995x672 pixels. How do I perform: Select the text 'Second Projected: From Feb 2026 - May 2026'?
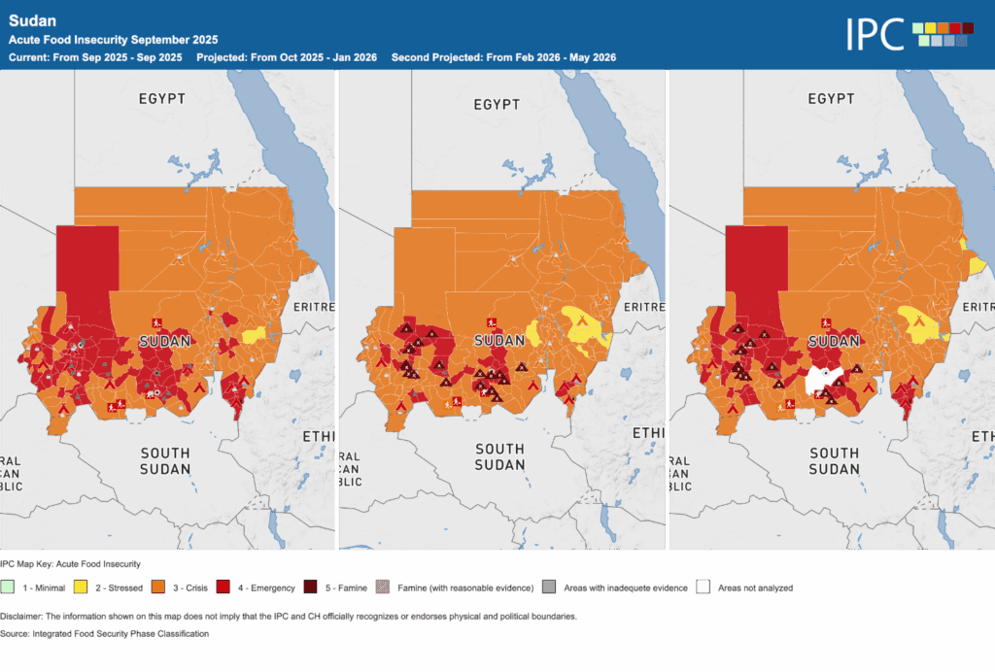pyautogui.click(x=503, y=57)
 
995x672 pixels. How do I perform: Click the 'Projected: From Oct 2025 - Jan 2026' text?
pyautogui.click(x=287, y=57)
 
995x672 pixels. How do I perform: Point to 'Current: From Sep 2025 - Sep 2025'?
pyautogui.click(x=95, y=57)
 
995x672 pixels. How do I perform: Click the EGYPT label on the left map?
pyautogui.click(x=162, y=99)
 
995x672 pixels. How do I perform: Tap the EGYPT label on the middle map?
pyautogui.click(x=497, y=104)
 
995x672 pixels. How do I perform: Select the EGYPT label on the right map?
pyautogui.click(x=831, y=99)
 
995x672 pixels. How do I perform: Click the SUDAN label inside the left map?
pyautogui.click(x=165, y=342)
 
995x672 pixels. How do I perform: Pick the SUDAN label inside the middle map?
pyautogui.click(x=499, y=340)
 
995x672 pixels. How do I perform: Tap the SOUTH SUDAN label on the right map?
pyautogui.click(x=834, y=461)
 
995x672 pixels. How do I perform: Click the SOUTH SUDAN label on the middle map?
pyautogui.click(x=499, y=456)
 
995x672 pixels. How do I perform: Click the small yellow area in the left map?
pyautogui.click(x=254, y=336)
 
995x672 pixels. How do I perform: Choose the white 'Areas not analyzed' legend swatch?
pyautogui.click(x=703, y=588)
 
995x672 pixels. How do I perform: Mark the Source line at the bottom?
pyautogui.click(x=107, y=633)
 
